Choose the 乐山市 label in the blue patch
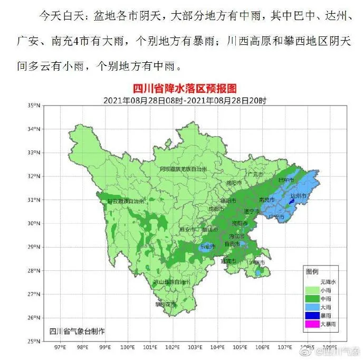[206, 247]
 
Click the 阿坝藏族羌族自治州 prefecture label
[184, 168]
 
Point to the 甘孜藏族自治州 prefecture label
[125, 201]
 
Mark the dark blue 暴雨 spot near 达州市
[291, 202]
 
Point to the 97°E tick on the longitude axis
[60, 347]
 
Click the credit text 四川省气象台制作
[77, 330]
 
